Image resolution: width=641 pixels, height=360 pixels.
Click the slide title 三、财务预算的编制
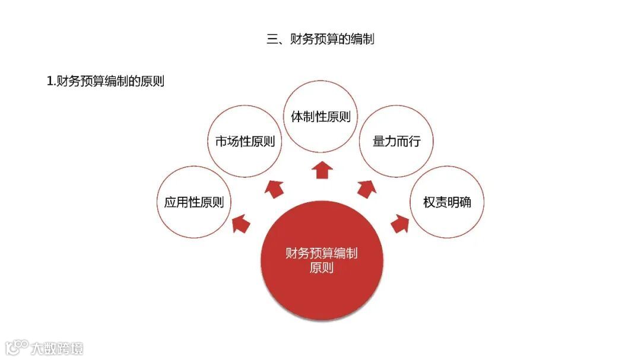pos(320,40)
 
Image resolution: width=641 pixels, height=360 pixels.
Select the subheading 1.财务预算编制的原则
pos(105,82)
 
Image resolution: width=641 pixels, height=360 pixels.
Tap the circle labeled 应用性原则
pos(194,202)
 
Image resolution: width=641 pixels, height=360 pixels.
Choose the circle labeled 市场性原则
pos(245,141)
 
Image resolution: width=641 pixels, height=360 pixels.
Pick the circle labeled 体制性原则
pos(320,116)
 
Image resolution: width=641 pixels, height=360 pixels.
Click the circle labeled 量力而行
pos(396,141)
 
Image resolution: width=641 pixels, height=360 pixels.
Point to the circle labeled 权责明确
pos(447,202)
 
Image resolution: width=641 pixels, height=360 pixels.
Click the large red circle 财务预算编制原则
pos(322,261)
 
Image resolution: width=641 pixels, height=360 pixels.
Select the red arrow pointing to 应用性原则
pos(241,224)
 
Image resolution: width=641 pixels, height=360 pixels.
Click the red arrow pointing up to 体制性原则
pos(322,169)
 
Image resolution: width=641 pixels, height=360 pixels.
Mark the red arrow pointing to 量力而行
pos(366,189)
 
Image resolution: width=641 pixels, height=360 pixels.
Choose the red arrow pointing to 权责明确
pos(400,224)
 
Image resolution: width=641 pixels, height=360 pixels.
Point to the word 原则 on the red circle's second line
pos(322,268)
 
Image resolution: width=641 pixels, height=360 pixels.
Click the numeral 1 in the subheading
pos(50,82)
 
